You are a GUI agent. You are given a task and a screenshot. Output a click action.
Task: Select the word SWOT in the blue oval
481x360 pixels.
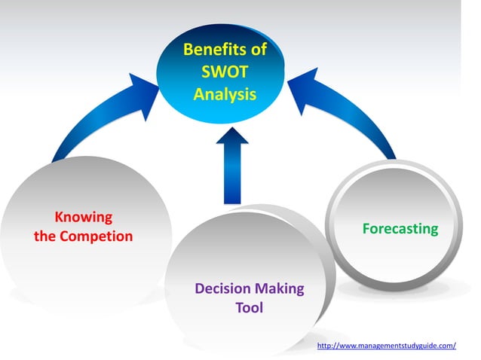coord(225,73)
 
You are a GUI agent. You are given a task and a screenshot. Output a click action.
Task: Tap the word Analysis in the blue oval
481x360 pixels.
coord(225,95)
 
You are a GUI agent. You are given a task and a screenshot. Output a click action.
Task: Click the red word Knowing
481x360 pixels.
coord(84,218)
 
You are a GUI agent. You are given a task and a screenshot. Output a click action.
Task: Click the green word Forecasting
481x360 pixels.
coord(400,228)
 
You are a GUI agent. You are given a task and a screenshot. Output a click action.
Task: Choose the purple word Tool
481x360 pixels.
coord(249,308)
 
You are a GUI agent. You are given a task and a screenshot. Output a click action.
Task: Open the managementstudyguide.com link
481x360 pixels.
coord(387,346)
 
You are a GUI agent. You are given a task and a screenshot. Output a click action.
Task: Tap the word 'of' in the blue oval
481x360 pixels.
coord(257,51)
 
